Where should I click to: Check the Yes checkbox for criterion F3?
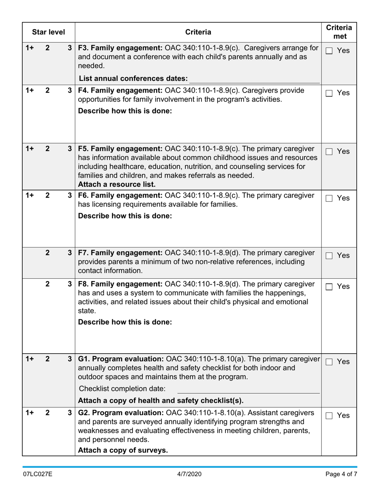(329, 51)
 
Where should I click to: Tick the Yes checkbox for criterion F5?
(329, 152)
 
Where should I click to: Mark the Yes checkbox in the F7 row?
(329, 256)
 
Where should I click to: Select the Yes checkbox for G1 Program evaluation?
(329, 362)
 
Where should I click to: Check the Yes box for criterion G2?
(329, 416)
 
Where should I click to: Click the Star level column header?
(48, 32)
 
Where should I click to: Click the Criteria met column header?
(339, 32)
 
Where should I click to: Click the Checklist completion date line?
(248, 389)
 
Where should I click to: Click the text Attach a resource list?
(116, 184)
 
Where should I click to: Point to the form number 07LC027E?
(38, 474)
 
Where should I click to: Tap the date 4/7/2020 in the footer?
(189, 474)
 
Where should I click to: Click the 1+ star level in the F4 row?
(30, 91)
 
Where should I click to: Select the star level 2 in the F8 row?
(47, 284)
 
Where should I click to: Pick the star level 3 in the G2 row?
(69, 412)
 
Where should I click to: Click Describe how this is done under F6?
(125, 216)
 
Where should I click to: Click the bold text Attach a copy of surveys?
(123, 450)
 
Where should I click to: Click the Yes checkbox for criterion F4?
(329, 93)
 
